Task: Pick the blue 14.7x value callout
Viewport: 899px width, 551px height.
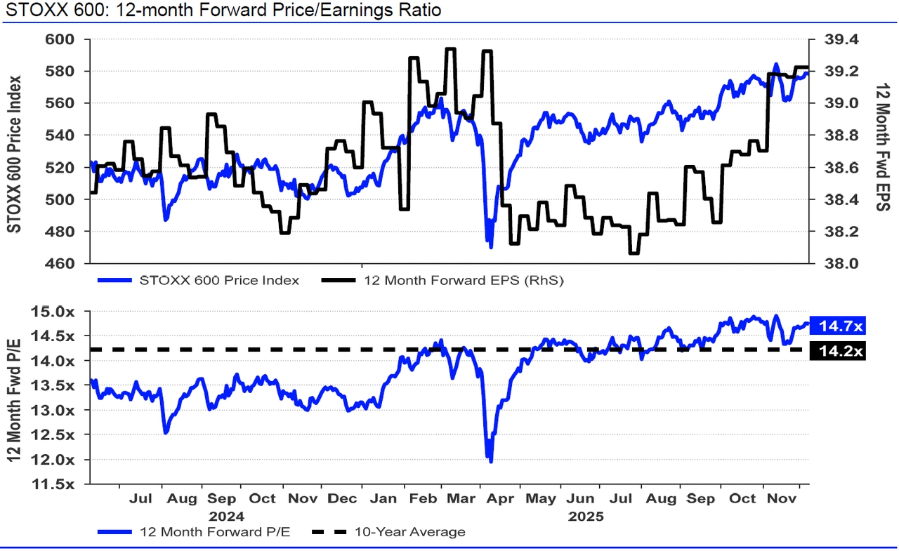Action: click(836, 326)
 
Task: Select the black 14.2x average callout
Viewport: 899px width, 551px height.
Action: click(836, 351)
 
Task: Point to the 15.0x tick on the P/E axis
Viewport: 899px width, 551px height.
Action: click(63, 311)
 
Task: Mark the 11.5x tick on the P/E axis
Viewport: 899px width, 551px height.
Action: click(63, 484)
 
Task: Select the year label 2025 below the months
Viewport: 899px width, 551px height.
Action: click(585, 515)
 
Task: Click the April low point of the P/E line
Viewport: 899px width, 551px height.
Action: click(490, 460)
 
